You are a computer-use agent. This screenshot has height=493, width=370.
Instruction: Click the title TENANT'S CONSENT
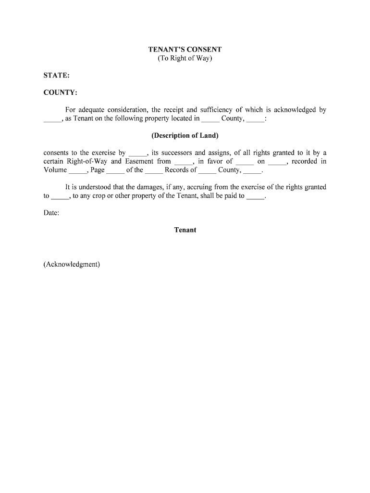(x=185, y=50)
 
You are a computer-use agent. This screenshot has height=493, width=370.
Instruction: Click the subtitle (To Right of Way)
(x=185, y=59)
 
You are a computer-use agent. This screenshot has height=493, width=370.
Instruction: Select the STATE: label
(x=56, y=76)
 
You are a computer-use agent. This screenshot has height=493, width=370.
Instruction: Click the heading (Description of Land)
(x=185, y=135)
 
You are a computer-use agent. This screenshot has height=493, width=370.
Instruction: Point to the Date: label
(x=51, y=213)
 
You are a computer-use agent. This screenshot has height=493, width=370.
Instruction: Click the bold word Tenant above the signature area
(x=185, y=230)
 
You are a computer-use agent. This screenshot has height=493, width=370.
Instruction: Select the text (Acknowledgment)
(x=72, y=264)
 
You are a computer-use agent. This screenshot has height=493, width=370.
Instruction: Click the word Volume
(x=55, y=170)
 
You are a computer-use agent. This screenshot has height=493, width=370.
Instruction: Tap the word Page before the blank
(x=98, y=170)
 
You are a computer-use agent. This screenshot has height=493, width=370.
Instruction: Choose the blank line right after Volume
(x=76, y=171)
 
